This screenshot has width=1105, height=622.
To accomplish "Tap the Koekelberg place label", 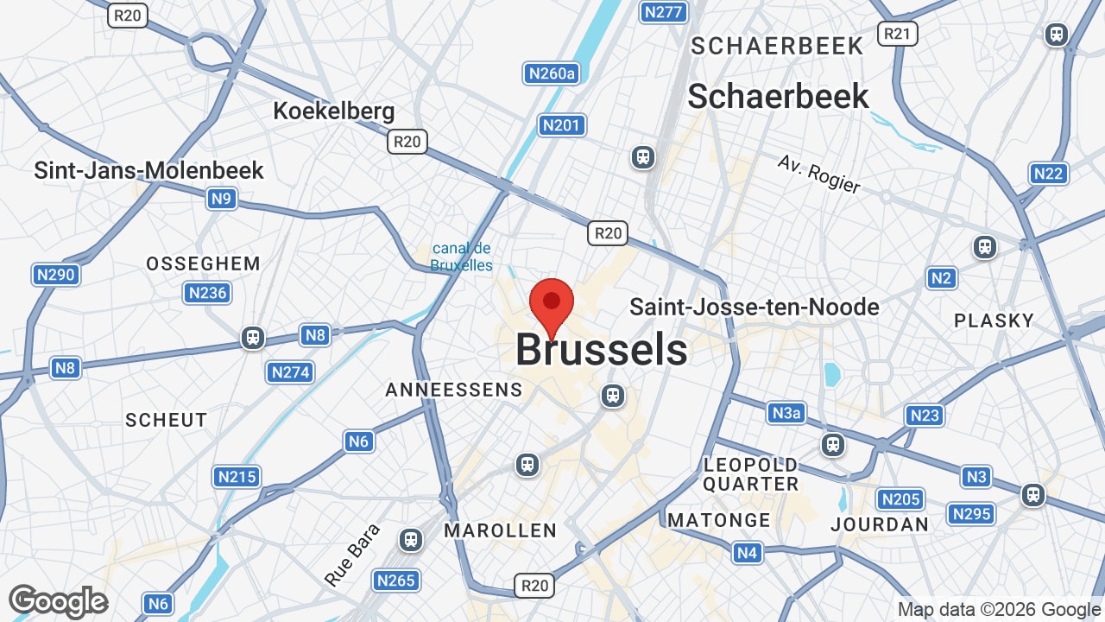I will coord(333,111).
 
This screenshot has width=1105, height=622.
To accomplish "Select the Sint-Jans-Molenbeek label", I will coord(148,170).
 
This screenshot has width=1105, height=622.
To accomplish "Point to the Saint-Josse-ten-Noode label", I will coord(755,307).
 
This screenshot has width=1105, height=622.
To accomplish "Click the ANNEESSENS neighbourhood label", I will coord(454,390).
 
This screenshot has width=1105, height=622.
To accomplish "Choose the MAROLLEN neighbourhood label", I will coord(500,530).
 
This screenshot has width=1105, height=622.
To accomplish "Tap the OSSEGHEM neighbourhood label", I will coord(203,263).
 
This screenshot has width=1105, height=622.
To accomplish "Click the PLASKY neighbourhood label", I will coord(994,321).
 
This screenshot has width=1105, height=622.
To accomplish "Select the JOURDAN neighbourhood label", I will coord(880,524).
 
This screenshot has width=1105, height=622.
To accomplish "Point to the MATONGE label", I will coord(719,520).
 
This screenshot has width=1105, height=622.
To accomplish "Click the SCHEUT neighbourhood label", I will coord(167,420).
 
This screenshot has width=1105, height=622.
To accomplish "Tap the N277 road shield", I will coord(663,12).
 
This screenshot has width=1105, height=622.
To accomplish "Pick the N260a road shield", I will coord(552,73).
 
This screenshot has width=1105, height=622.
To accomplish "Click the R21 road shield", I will coord(897,34).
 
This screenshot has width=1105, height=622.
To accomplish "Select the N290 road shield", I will coord(56,275).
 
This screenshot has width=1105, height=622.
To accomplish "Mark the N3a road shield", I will coord(786,413).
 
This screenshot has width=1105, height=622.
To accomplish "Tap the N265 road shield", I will coord(396,581).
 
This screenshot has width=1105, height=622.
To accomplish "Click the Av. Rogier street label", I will coord(818,174).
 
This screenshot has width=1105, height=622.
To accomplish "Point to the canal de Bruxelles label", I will coord(462,257).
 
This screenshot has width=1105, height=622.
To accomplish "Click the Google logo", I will coord(58,601).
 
